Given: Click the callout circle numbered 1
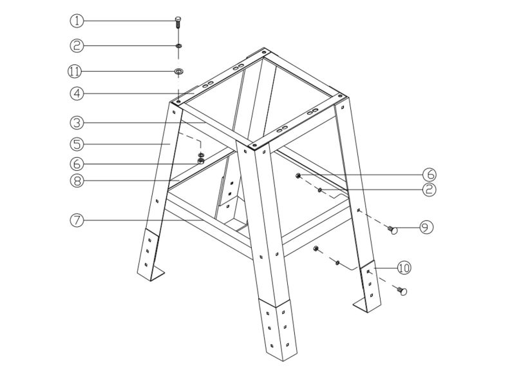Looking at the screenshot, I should click(77, 21).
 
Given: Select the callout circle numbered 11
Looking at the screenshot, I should click(77, 70).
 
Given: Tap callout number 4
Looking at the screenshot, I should click(77, 93).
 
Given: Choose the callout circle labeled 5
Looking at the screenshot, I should click(77, 142).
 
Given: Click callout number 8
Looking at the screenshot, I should click(77, 181).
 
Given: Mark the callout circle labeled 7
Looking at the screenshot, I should click(77, 220).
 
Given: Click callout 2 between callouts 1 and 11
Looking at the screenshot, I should click(77, 45).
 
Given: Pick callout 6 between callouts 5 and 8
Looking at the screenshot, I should click(77, 164).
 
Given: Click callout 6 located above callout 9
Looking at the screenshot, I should click(430, 175).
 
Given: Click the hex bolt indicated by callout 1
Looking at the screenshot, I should click(178, 21).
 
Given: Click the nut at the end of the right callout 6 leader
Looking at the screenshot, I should click(299, 175).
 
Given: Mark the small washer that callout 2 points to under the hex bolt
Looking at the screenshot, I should click(178, 46).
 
